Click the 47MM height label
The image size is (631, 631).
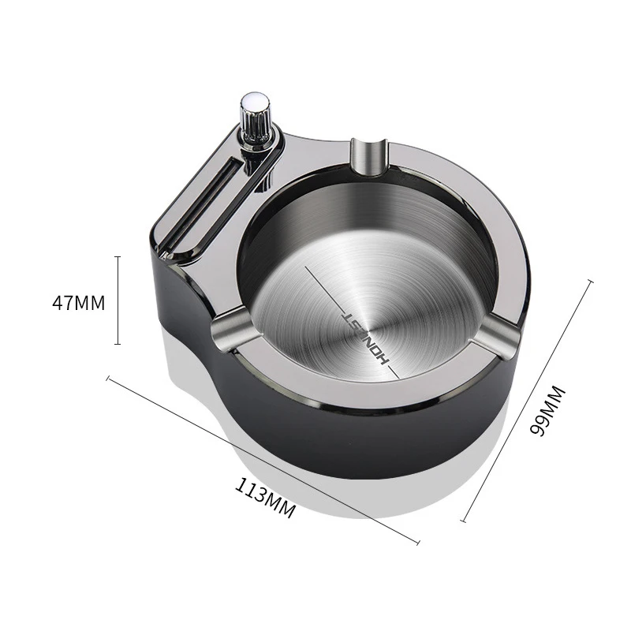78,303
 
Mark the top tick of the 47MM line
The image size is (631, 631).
118,256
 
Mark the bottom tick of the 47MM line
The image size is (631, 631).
118,344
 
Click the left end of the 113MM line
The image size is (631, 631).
108,379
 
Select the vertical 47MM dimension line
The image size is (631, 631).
118,301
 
